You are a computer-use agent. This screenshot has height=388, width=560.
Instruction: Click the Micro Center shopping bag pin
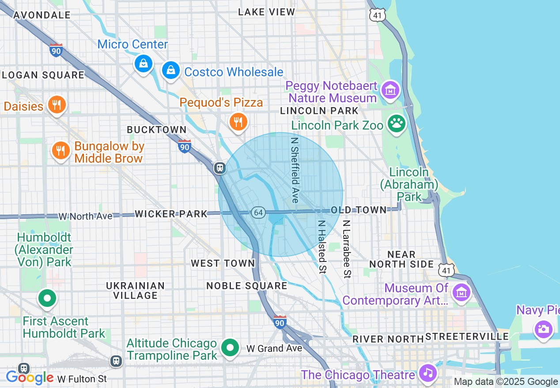[144, 64]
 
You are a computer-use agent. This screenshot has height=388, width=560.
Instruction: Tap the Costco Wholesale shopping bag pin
[170, 70]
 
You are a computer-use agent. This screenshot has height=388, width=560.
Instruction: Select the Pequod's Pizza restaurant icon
[238, 122]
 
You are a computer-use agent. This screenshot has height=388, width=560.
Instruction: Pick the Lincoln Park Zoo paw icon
[397, 124]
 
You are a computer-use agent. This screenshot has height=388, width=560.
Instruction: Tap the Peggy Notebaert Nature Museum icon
[390, 90]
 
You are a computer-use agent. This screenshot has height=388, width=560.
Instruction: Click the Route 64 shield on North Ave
[258, 213]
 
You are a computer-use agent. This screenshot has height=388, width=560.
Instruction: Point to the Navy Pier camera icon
[543, 329]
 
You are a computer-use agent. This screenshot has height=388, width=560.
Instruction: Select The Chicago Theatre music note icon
[428, 373]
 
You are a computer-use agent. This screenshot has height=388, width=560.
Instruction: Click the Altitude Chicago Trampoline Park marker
[230, 347]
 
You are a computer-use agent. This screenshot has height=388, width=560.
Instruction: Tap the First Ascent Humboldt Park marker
[47, 298]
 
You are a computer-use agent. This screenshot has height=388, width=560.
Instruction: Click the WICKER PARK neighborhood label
[171, 214]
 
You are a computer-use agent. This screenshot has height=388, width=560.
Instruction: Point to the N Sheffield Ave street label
[295, 170]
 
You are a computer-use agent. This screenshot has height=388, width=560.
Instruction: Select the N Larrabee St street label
[347, 249]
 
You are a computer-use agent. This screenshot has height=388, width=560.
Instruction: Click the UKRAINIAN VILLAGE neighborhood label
[135, 291]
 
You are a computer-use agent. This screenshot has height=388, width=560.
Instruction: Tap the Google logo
[29, 377]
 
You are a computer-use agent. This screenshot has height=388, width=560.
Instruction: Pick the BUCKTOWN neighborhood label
[157, 130]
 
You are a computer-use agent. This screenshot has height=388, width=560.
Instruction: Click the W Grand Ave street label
[274, 348]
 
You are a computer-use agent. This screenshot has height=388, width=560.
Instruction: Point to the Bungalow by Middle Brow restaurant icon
[61, 151]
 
